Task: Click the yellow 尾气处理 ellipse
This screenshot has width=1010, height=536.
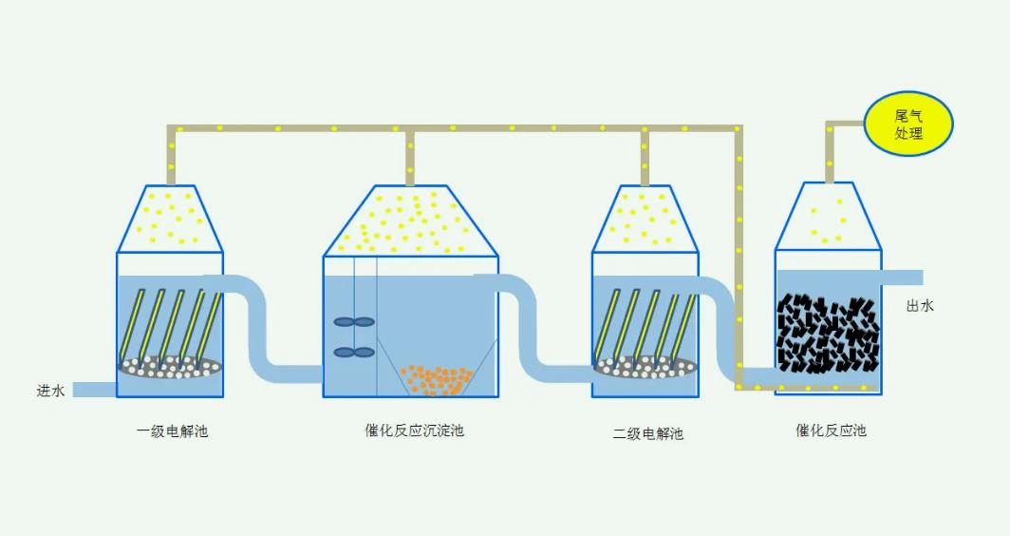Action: [908, 124]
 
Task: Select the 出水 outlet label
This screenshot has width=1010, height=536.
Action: [920, 305]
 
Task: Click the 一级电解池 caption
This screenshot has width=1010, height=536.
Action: [172, 431]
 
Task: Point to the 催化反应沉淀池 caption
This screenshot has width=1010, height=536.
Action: [414, 431]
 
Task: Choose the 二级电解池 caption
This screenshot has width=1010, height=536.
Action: [647, 434]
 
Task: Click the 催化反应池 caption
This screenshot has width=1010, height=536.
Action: [831, 431]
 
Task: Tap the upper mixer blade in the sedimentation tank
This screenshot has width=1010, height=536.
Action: [354, 322]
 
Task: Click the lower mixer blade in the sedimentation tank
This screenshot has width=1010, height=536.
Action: [354, 353]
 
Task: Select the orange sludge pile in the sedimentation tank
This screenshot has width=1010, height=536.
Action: [436, 378]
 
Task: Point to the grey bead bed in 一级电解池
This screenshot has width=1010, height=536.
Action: [171, 366]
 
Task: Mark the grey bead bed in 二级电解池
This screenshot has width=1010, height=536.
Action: [645, 366]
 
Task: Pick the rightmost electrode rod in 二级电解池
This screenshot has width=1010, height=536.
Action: [683, 325]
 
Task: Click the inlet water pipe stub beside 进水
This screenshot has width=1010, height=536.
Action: [95, 389]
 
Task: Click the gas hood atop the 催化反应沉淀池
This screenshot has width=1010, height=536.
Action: [411, 221]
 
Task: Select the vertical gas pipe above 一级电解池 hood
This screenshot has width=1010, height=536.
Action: [172, 157]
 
